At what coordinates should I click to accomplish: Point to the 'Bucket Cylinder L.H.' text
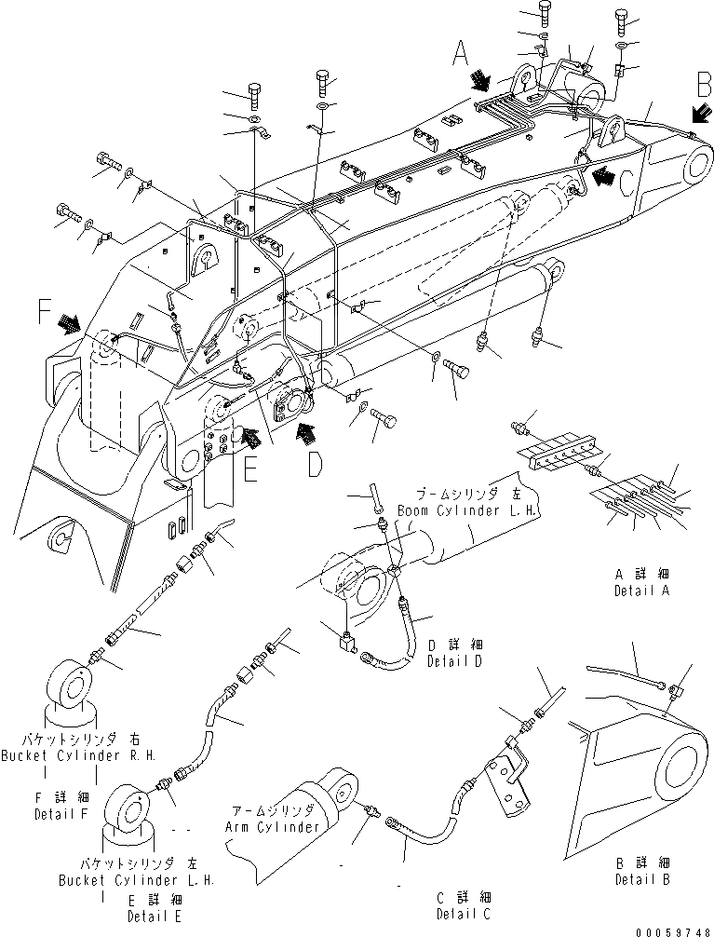pos(136,879)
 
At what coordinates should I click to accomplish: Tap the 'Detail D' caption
pos(454,660)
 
